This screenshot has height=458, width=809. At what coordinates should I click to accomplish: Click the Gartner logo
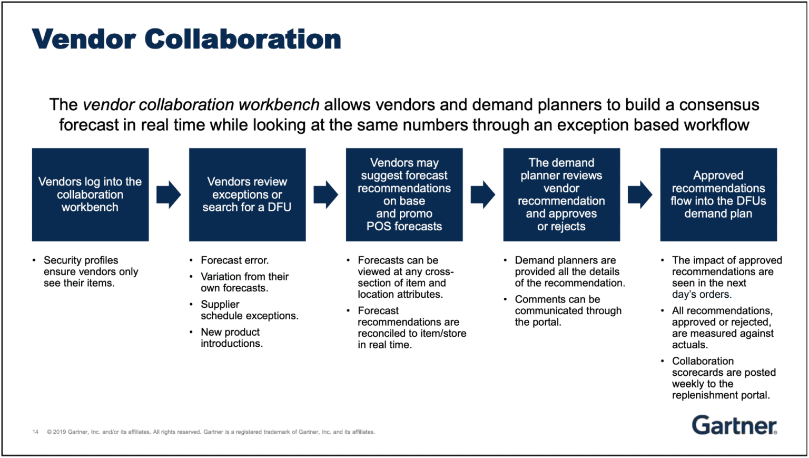point(734,425)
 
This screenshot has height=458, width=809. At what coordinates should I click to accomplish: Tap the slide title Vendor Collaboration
point(186,40)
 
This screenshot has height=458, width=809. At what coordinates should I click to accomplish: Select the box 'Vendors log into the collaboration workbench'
point(90,194)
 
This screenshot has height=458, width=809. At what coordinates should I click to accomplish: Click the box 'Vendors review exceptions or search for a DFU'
point(247,194)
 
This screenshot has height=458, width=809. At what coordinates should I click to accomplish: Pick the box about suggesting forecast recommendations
point(404,194)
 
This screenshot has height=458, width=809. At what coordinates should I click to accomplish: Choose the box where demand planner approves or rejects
point(561,194)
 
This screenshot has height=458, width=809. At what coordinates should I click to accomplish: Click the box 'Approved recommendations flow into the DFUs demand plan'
point(718,194)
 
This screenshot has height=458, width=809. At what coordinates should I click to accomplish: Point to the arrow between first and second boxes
point(169,194)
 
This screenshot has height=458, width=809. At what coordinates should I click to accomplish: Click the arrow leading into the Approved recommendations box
point(640,194)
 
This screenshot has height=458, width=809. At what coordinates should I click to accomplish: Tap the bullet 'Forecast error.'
point(234,260)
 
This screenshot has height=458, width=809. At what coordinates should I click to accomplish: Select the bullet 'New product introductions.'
point(231,338)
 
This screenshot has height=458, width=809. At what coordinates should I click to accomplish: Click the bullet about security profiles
point(90,271)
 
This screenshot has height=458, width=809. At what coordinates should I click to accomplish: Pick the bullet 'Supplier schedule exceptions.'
point(249,310)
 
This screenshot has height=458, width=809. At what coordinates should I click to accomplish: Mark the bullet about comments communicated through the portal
point(567,310)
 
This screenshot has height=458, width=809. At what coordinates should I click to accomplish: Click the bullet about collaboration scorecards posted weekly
point(723,378)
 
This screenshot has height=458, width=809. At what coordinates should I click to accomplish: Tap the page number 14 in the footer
point(35,432)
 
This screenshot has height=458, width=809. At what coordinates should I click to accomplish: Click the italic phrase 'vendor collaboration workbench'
point(201,104)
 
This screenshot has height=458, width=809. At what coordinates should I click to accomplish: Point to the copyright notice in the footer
point(211,432)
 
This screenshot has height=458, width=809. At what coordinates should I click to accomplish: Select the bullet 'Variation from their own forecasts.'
point(244,282)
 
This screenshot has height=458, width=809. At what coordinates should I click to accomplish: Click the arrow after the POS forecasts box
point(482,194)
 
